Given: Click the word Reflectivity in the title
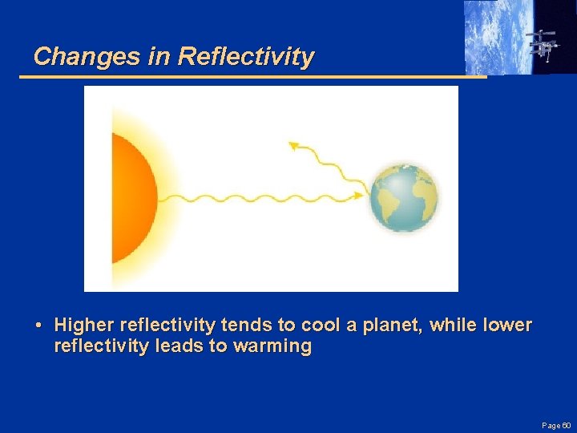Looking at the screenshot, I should click(x=246, y=57).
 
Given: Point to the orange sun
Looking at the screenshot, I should click(x=132, y=198).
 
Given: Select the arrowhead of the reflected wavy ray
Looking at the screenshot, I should click(x=293, y=146).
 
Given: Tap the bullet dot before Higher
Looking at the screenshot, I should click(x=38, y=326).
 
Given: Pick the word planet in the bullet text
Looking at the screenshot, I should click(x=393, y=326).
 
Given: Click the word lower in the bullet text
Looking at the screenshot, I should click(x=508, y=326).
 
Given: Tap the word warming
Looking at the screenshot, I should click(x=272, y=347).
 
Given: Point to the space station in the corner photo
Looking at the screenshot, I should click(x=543, y=44).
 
